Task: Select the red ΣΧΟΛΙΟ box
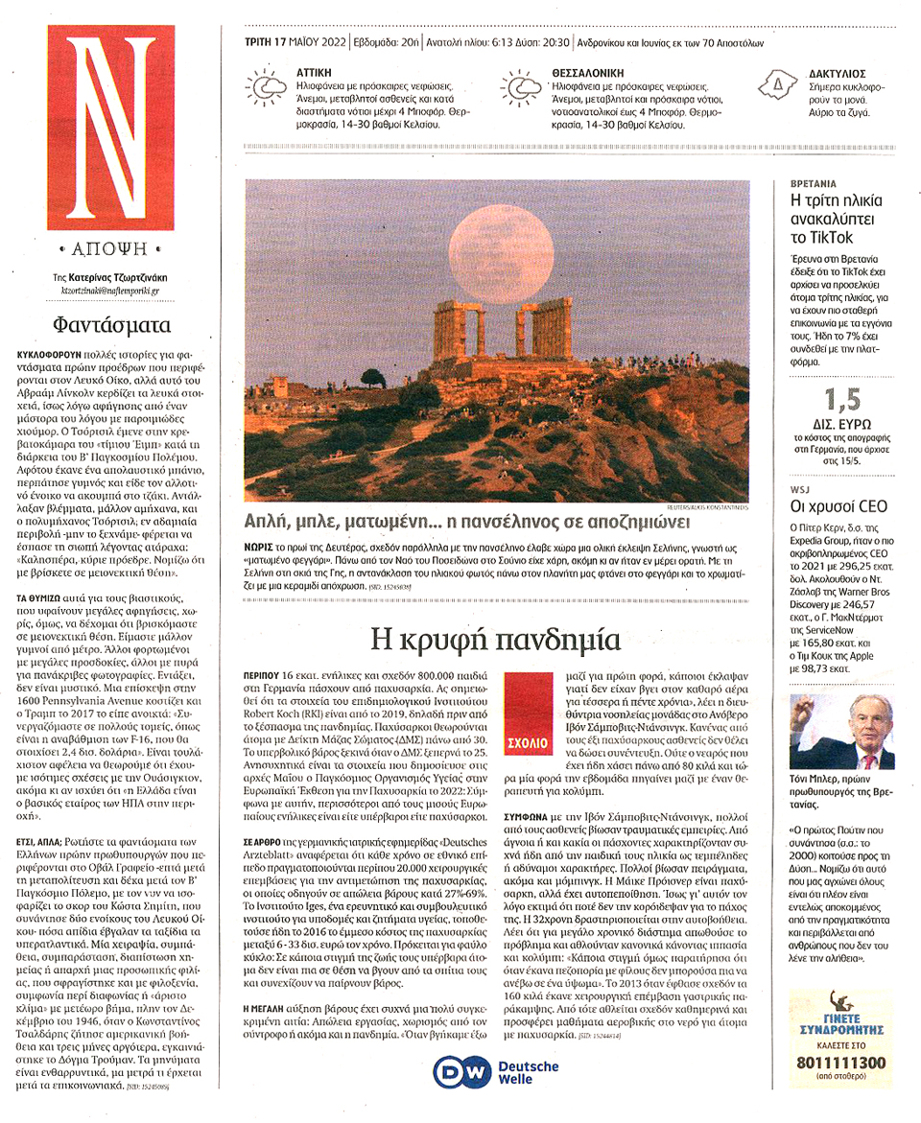[524, 724]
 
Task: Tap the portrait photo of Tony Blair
[841, 731]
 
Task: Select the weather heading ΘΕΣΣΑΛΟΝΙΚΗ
[588, 72]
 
